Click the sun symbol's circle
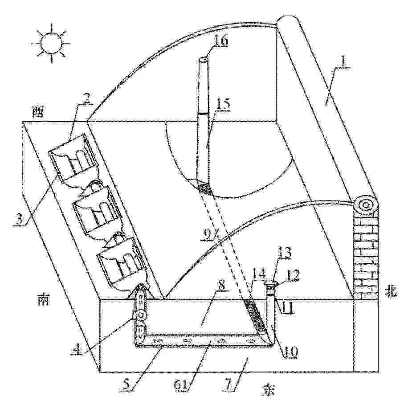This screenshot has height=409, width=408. point(51,43)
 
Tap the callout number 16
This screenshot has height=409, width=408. point(221,41)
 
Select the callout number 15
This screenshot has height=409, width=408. point(224,104)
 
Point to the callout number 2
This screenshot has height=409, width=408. point(87,98)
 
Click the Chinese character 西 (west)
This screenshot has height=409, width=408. point(37,113)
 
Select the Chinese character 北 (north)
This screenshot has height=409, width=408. point(391,292)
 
